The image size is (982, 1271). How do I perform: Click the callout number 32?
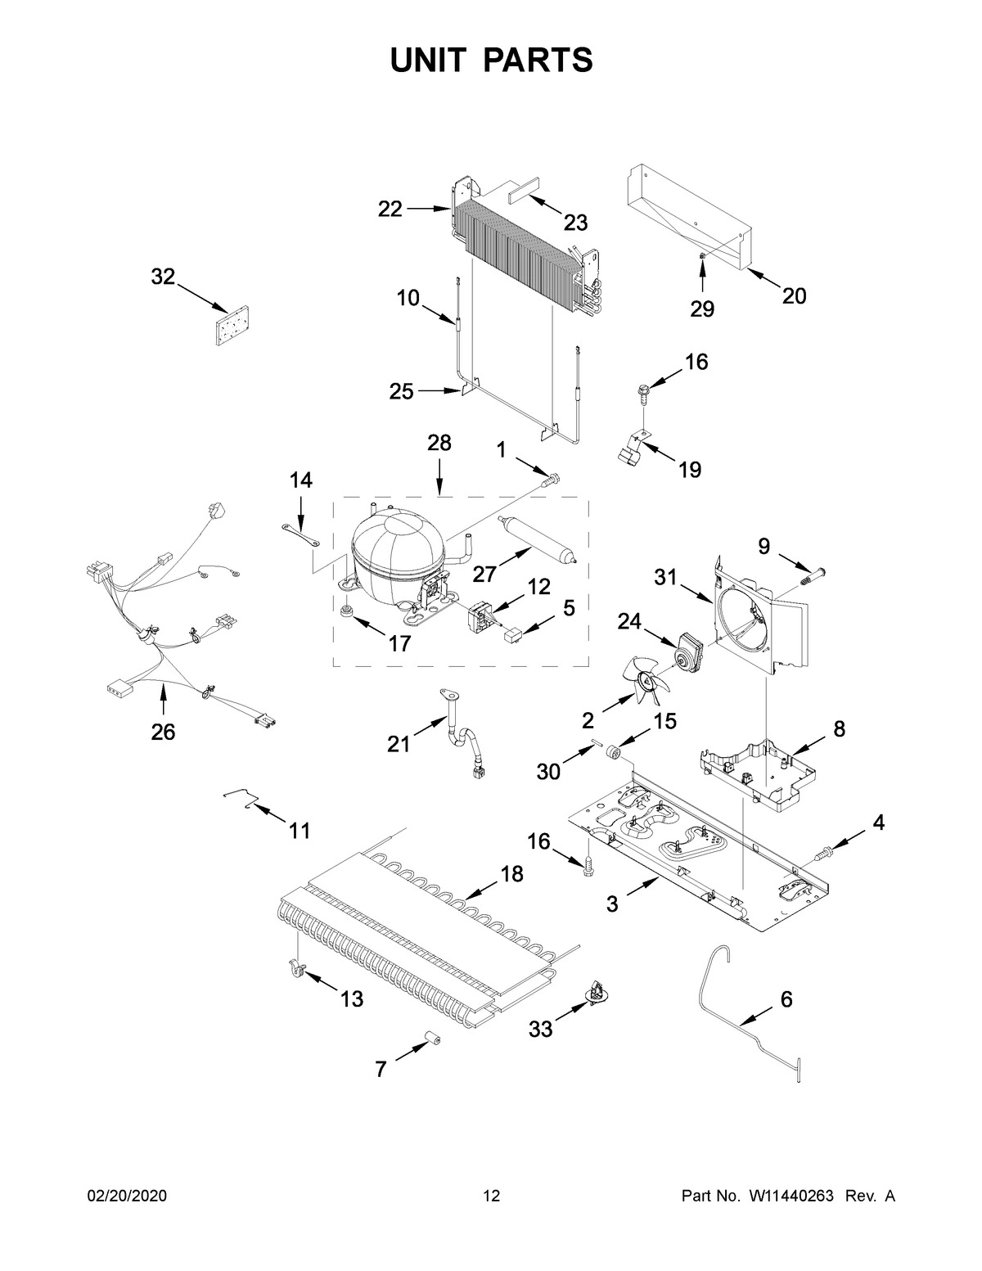click(x=163, y=277)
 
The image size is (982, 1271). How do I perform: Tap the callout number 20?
click(x=793, y=296)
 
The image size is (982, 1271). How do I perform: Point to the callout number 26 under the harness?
click(x=163, y=732)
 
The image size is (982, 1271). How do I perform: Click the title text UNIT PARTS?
click(x=491, y=61)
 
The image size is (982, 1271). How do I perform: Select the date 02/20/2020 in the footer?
click(x=127, y=1197)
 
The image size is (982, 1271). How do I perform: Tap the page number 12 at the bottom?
click(x=491, y=1197)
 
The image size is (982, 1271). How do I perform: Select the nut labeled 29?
click(x=702, y=259)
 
